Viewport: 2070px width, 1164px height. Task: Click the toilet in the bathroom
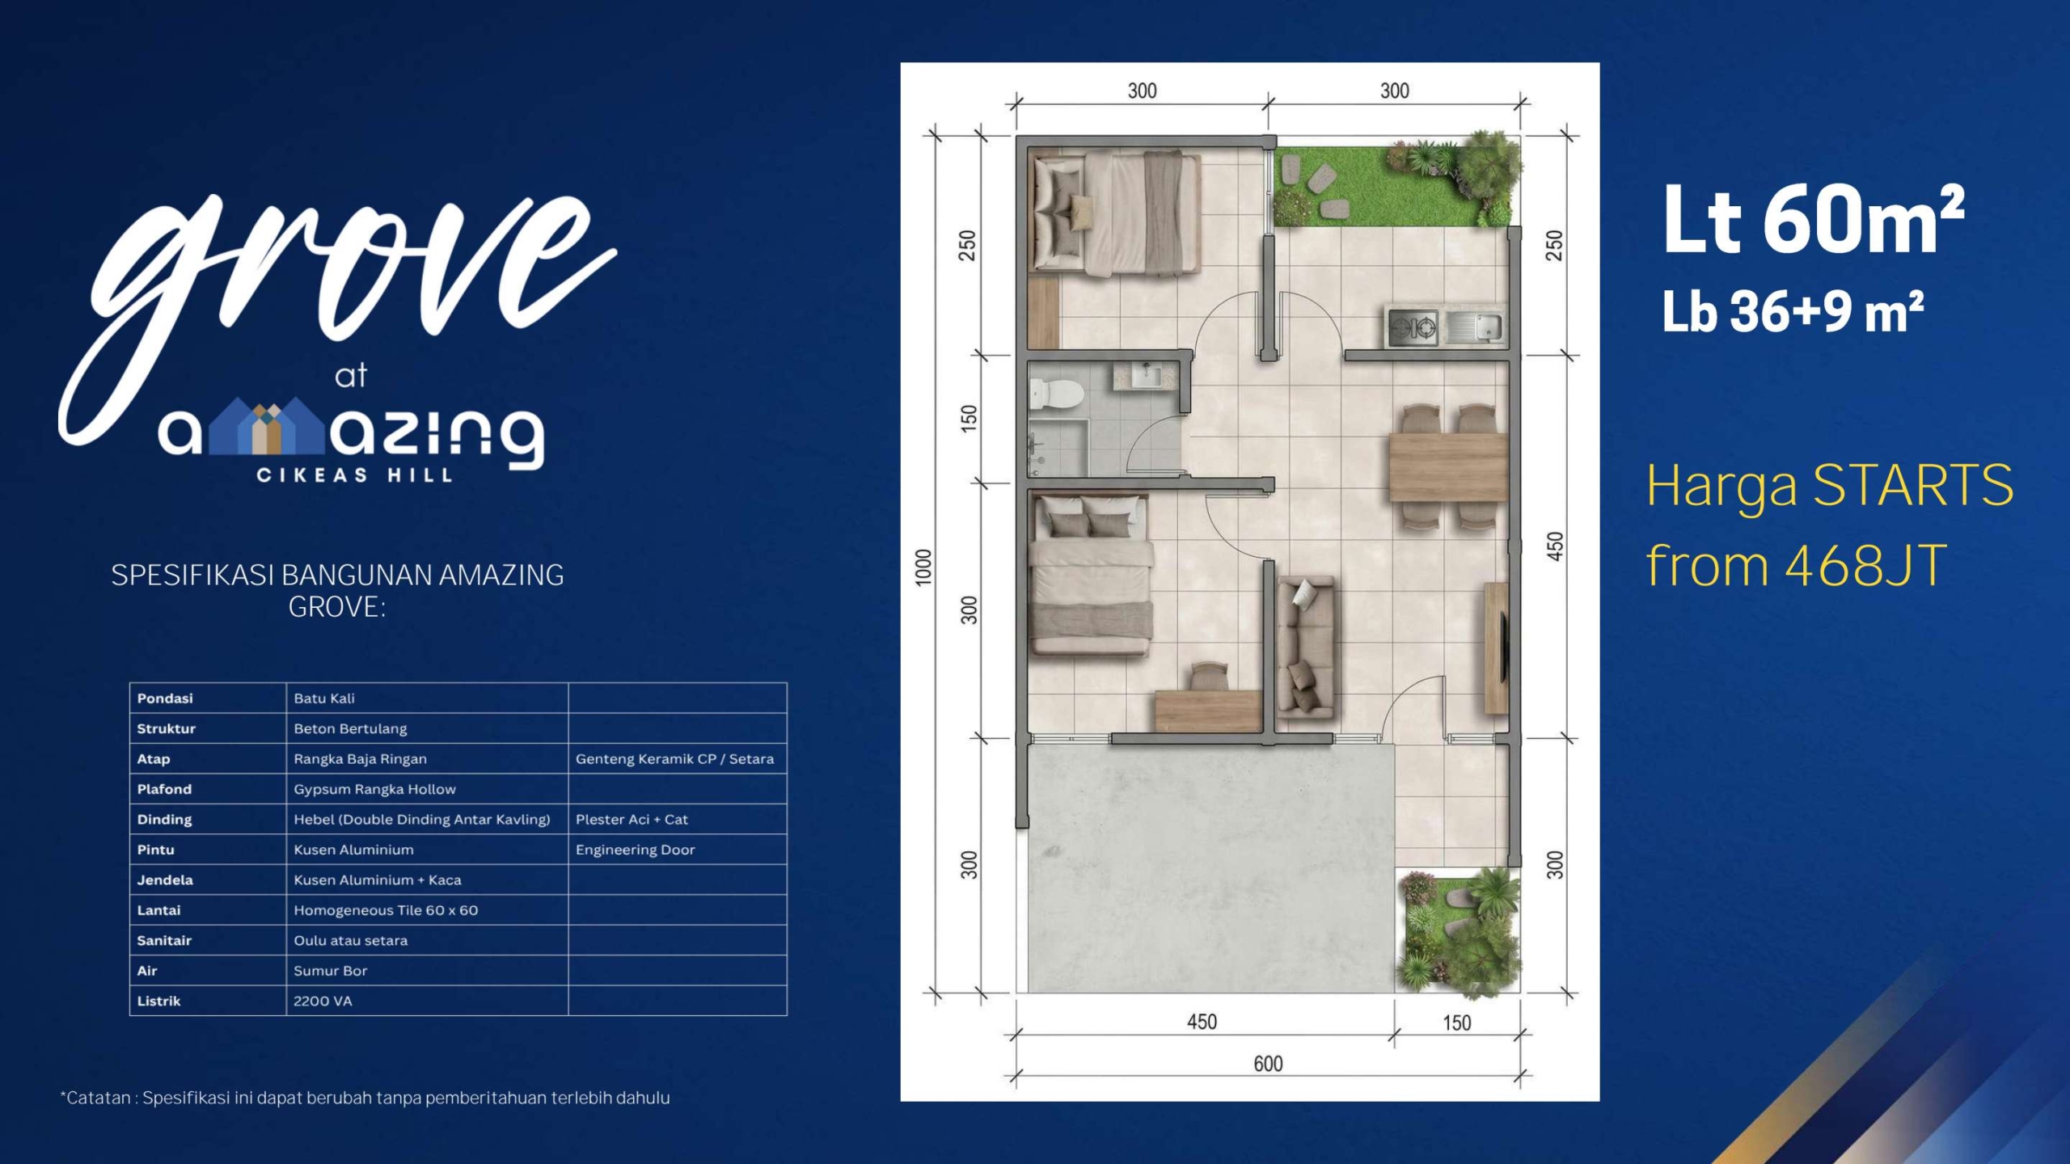pyautogui.click(x=1055, y=394)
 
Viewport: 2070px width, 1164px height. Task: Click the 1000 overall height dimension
pyautogui.click(x=923, y=567)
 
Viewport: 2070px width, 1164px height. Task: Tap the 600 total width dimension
pyautogui.click(x=1268, y=1064)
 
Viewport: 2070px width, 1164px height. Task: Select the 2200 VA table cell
pyautogui.click(x=323, y=1001)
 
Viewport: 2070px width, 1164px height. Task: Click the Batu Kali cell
pyautogui.click(x=324, y=698)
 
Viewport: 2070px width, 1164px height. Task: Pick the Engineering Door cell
pyautogui.click(x=636, y=850)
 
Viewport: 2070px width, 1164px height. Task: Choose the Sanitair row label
pyautogui.click(x=164, y=940)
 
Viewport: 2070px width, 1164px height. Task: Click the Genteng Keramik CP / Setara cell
pyautogui.click(x=674, y=759)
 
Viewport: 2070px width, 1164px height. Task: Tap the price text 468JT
pyautogui.click(x=1865, y=567)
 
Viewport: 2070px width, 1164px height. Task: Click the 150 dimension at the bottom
pyautogui.click(x=1457, y=1023)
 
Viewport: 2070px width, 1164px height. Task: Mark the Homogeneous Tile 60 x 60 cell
pyautogui.click(x=386, y=910)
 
